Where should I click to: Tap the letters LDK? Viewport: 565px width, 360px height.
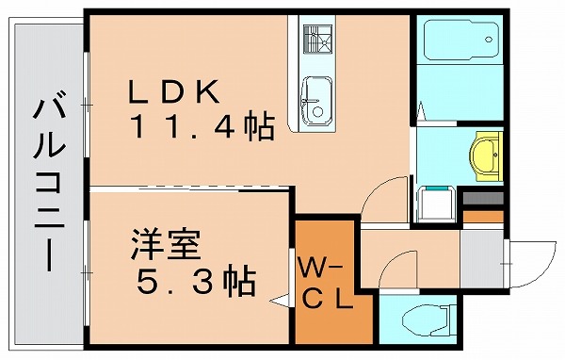coord(175,93)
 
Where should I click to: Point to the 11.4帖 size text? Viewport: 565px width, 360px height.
coord(202,126)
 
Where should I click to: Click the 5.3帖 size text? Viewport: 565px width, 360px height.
coord(194,280)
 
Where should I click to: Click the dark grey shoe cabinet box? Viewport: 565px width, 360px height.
coord(483,201)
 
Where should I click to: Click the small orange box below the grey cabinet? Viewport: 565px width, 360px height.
coord(483,217)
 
